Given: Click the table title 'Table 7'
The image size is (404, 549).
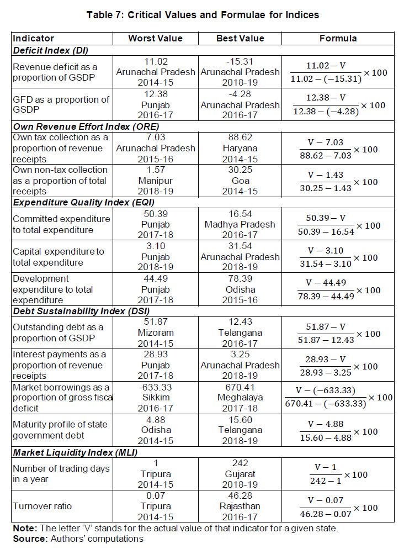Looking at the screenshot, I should pyautogui.click(x=202, y=15).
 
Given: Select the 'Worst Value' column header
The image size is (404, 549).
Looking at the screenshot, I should pyautogui.click(x=155, y=39).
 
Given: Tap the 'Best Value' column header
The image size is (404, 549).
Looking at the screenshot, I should pyautogui.click(x=241, y=39).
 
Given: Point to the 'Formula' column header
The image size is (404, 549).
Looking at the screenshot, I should pyautogui.click(x=338, y=39).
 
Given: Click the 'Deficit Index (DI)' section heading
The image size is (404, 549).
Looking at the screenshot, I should pyautogui.click(x=48, y=50).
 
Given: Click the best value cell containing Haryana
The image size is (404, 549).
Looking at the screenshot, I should pyautogui.click(x=241, y=147).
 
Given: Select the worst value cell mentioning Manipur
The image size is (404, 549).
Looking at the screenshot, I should pyautogui.click(x=155, y=180).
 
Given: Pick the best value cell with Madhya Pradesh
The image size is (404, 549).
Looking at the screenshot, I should pyautogui.click(x=241, y=224).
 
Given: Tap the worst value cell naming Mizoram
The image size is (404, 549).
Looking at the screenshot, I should pyautogui.click(x=155, y=332).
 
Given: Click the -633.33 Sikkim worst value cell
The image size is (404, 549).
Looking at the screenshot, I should pyautogui.click(x=155, y=398).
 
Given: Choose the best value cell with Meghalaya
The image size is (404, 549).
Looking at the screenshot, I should pyautogui.click(x=241, y=398).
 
